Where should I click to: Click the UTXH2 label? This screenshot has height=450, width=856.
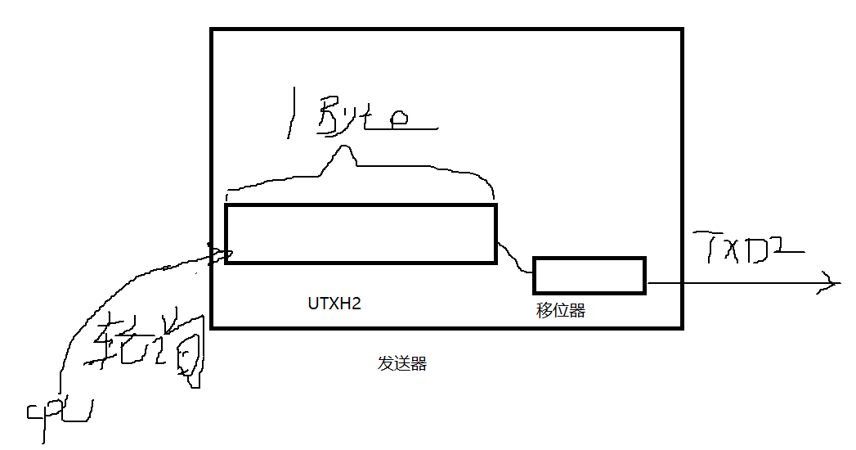point(334,304)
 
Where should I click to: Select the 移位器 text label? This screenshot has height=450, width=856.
point(561,311)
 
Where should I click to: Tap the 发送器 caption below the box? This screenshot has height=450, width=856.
point(402,364)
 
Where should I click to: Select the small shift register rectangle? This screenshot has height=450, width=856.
point(589,275)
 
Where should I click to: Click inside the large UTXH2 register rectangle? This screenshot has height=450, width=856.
point(361,234)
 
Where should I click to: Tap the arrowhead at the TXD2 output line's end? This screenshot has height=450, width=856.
point(832,284)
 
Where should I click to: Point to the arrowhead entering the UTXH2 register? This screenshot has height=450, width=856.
point(219,253)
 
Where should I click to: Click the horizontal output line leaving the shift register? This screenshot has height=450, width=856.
point(736,284)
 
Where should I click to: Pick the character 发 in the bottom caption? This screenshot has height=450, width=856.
point(384,364)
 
